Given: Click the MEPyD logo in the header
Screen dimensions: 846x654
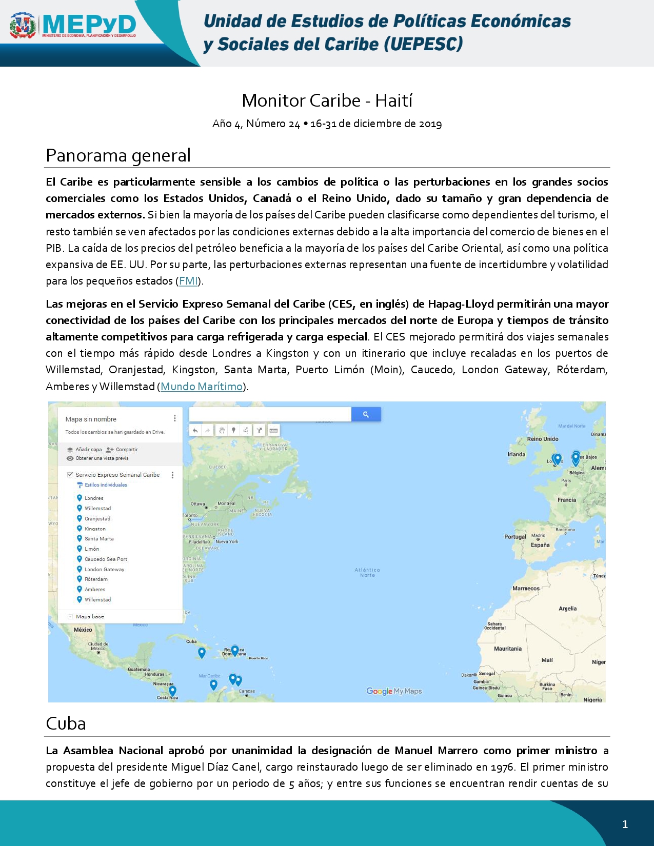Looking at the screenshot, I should pos(73,26).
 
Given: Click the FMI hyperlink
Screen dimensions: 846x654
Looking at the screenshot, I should pos(188,281).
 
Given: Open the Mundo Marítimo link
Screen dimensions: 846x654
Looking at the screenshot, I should pos(202,387).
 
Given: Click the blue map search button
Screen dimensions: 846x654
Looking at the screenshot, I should pos(366,414).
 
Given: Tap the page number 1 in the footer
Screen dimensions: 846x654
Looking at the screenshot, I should pos(625,824).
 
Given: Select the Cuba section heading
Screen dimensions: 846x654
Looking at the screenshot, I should pos(66,723).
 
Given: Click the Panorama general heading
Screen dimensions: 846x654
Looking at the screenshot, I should pos(118,155).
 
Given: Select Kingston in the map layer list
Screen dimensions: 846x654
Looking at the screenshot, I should pos(95,529).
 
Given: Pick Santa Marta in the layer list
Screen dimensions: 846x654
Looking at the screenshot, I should pos(99,539).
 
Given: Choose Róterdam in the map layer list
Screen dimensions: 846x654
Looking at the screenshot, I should pos(96,579).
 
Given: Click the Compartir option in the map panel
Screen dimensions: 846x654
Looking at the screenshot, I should pos(126,450).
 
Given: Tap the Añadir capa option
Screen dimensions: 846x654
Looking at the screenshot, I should pos(88,450).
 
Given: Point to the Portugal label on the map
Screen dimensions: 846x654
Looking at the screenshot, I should pos(515,537).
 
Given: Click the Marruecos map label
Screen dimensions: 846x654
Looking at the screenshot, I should pos(526,589).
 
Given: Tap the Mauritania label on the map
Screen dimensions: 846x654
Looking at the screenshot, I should pos(507,649).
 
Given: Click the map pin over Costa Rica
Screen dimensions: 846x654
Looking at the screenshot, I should pos(172,691).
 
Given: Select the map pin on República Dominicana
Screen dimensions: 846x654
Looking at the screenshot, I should pos(235,650).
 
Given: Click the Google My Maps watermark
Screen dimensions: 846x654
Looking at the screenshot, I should pos(394,691).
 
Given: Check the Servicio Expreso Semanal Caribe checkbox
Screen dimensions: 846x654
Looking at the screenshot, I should pos(70,475).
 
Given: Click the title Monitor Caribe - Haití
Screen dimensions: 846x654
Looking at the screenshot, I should pos(327,100).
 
